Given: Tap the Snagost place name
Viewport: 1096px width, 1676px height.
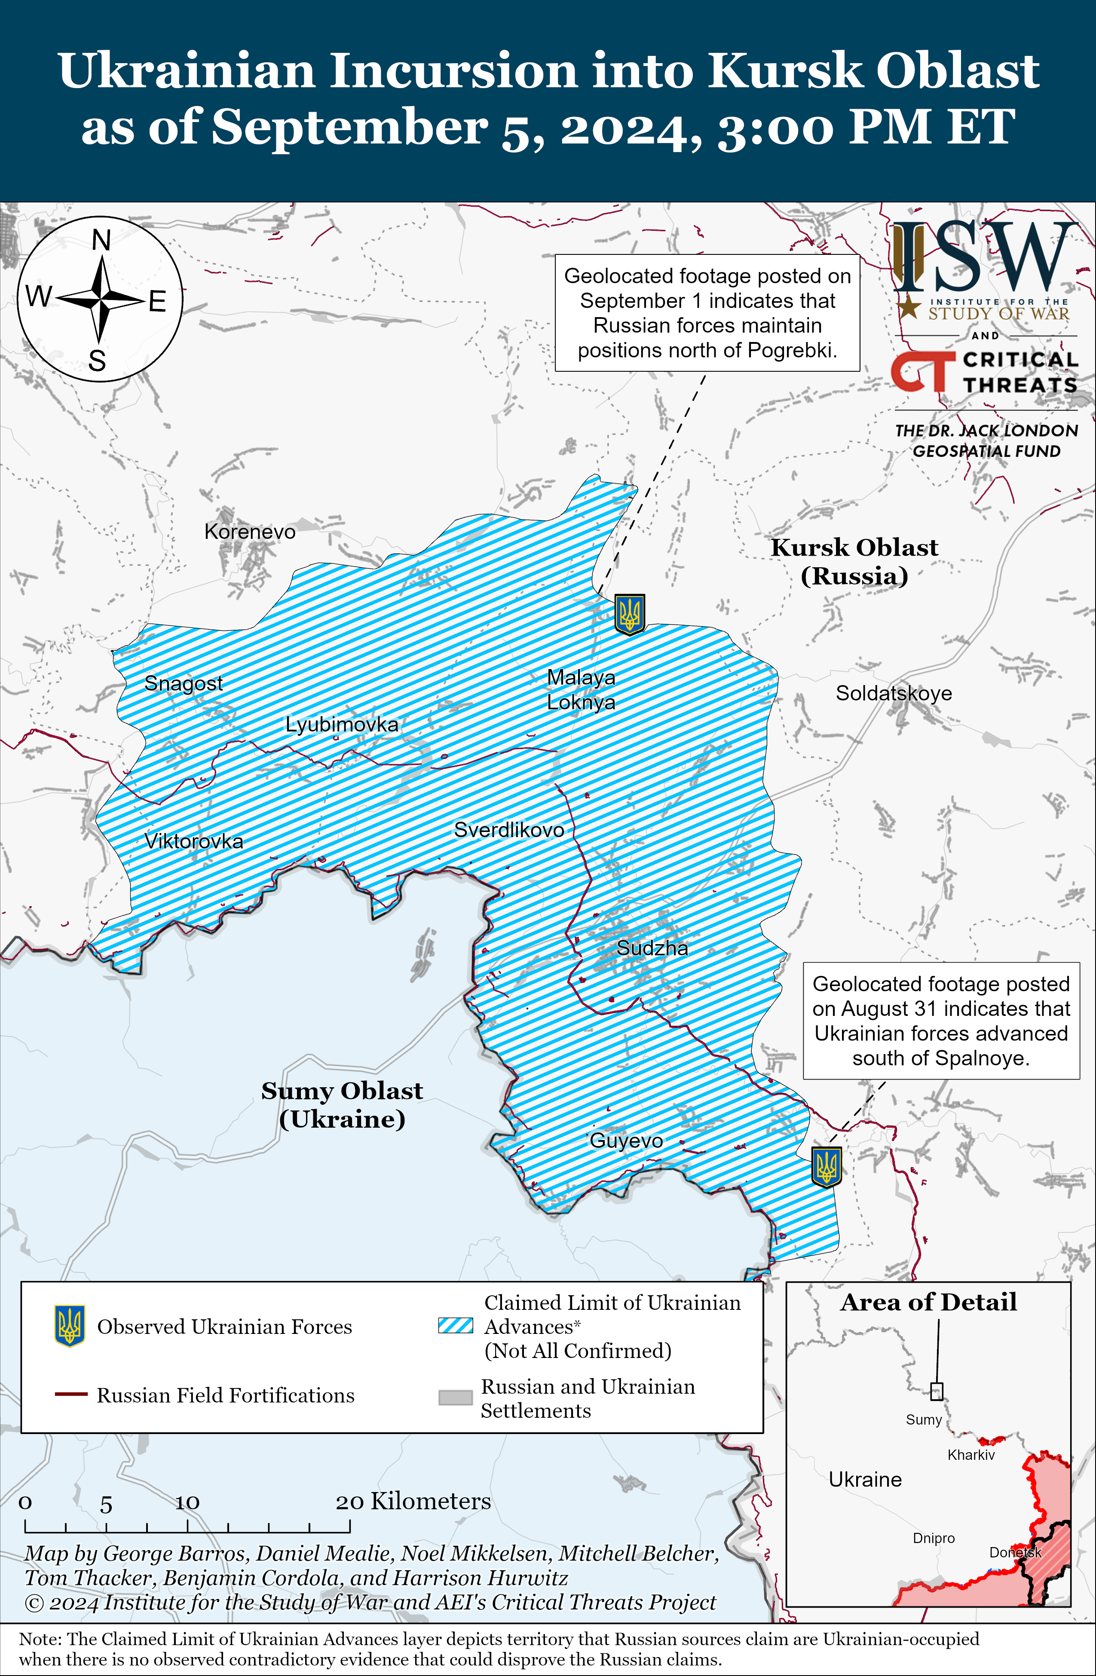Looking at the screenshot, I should click(183, 683).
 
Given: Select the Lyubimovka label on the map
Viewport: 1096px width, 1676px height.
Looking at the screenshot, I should click(342, 724).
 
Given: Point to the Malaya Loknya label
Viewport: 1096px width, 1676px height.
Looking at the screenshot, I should click(581, 689).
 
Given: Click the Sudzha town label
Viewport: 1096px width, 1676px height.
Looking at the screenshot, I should click(652, 948).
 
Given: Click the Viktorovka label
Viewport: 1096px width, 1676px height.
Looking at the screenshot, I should click(194, 841).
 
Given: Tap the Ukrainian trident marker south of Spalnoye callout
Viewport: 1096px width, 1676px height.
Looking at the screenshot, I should click(826, 1167).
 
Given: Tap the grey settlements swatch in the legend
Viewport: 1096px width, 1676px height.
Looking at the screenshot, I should click(455, 1397).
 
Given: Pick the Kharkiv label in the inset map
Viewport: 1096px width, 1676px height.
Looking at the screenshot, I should click(970, 1455).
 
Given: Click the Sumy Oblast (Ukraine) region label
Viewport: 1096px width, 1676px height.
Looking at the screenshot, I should click(342, 1104).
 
